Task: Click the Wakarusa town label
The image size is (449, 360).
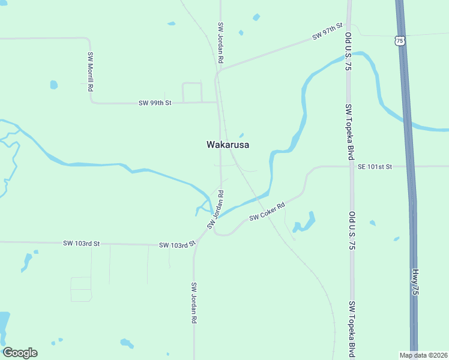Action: [228, 145]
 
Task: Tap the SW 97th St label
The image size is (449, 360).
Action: [327, 32]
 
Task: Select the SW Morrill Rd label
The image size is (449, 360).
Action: [91, 71]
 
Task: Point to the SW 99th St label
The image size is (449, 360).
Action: [155, 103]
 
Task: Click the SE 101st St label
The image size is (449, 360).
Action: [375, 167]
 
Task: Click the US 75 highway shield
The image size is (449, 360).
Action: [400, 41]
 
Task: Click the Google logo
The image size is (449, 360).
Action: [20, 353]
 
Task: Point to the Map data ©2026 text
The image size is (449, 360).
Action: [423, 355]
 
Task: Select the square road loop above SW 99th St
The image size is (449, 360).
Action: [192, 92]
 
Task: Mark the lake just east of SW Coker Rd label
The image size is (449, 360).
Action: [305, 223]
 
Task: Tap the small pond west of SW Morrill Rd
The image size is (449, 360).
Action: [54, 85]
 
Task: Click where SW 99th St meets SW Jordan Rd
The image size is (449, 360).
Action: [217, 103]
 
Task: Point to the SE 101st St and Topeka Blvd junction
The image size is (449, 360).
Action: [351, 166]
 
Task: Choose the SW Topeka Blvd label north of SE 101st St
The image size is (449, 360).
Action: [349, 131]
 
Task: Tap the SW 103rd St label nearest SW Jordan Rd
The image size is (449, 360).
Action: [178, 245]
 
